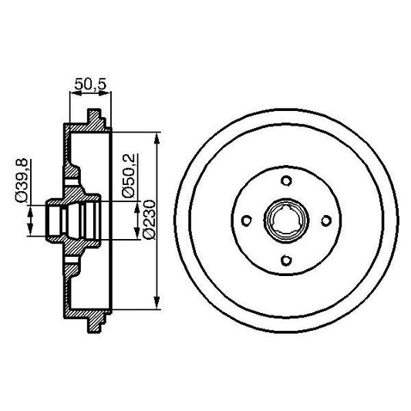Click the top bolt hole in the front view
point(285,182)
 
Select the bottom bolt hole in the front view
point(285,260)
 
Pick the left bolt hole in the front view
point(247,221)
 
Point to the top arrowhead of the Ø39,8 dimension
point(30,205)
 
